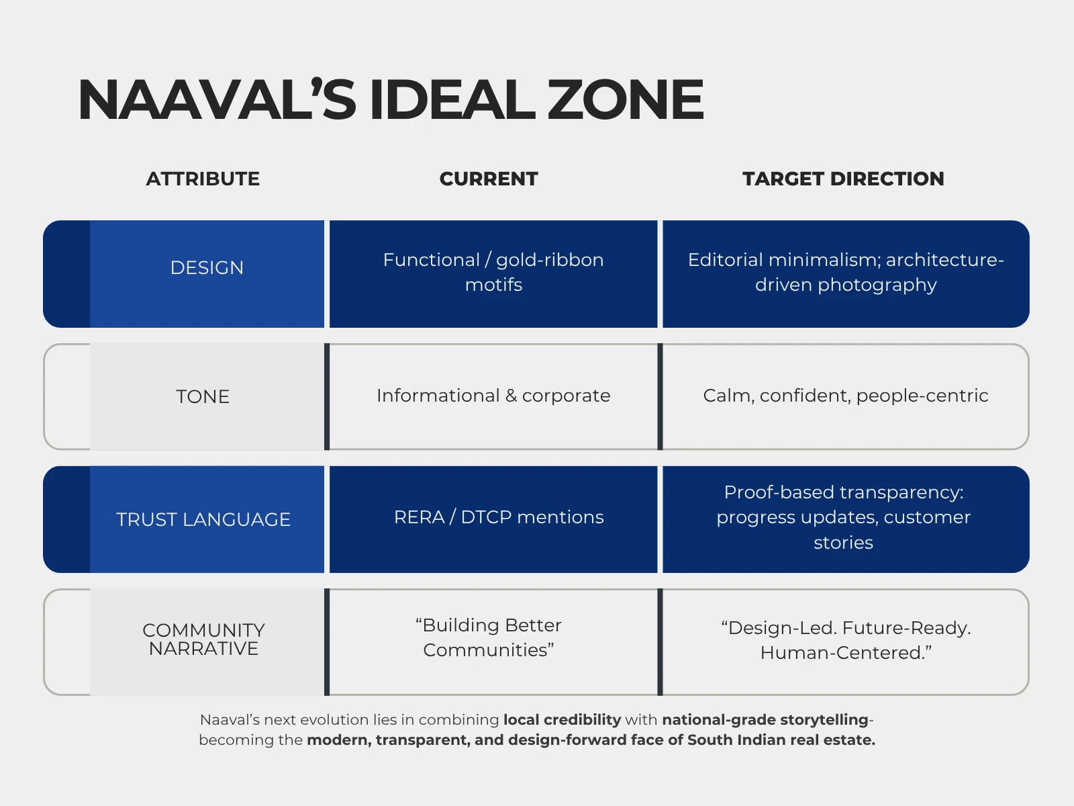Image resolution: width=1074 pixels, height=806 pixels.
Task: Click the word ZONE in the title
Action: click(x=625, y=100)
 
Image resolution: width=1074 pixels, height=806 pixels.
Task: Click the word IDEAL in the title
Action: click(x=452, y=100)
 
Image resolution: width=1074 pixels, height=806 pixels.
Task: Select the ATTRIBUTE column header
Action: click(x=203, y=179)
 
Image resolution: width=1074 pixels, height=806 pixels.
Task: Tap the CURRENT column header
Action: click(x=488, y=179)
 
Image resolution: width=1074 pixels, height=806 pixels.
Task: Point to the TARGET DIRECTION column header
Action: click(x=843, y=179)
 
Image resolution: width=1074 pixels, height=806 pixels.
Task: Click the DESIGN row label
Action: click(x=207, y=268)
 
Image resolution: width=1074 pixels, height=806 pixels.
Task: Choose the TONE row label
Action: click(x=203, y=396)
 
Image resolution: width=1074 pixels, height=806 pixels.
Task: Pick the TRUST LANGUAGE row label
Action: click(x=203, y=519)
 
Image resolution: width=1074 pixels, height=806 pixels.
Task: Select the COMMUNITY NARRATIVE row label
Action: click(x=203, y=639)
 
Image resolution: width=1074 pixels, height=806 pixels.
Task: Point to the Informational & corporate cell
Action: click(x=493, y=396)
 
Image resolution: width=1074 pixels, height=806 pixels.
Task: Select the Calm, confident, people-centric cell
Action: click(x=846, y=396)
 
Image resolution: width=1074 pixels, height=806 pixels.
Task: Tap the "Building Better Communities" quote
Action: click(x=488, y=637)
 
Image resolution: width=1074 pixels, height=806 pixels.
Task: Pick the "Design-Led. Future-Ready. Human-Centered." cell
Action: click(x=846, y=640)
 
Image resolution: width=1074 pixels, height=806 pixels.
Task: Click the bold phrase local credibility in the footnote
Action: click(x=562, y=720)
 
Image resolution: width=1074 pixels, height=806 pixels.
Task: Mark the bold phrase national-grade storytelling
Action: click(x=765, y=720)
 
